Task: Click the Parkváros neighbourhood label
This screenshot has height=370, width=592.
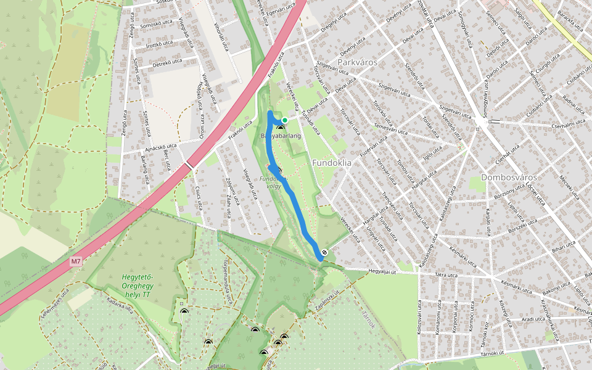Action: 358,63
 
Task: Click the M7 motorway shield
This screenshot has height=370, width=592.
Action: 76,261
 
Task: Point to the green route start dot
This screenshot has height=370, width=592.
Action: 284,120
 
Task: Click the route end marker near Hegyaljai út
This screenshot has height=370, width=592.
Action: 324,252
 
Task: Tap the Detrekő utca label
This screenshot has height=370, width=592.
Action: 168,62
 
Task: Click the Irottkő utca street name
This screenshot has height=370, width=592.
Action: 158,45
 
